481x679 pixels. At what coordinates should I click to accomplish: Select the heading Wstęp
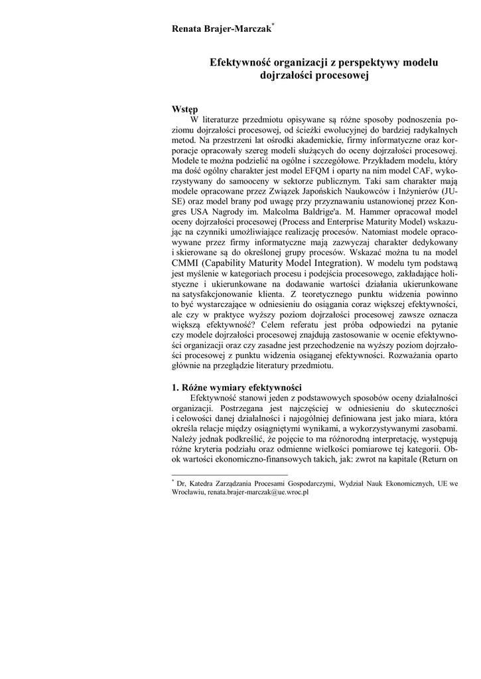(x=184, y=109)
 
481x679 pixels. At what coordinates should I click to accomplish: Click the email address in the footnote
(x=259, y=493)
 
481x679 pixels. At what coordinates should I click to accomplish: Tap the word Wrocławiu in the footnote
(x=188, y=493)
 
